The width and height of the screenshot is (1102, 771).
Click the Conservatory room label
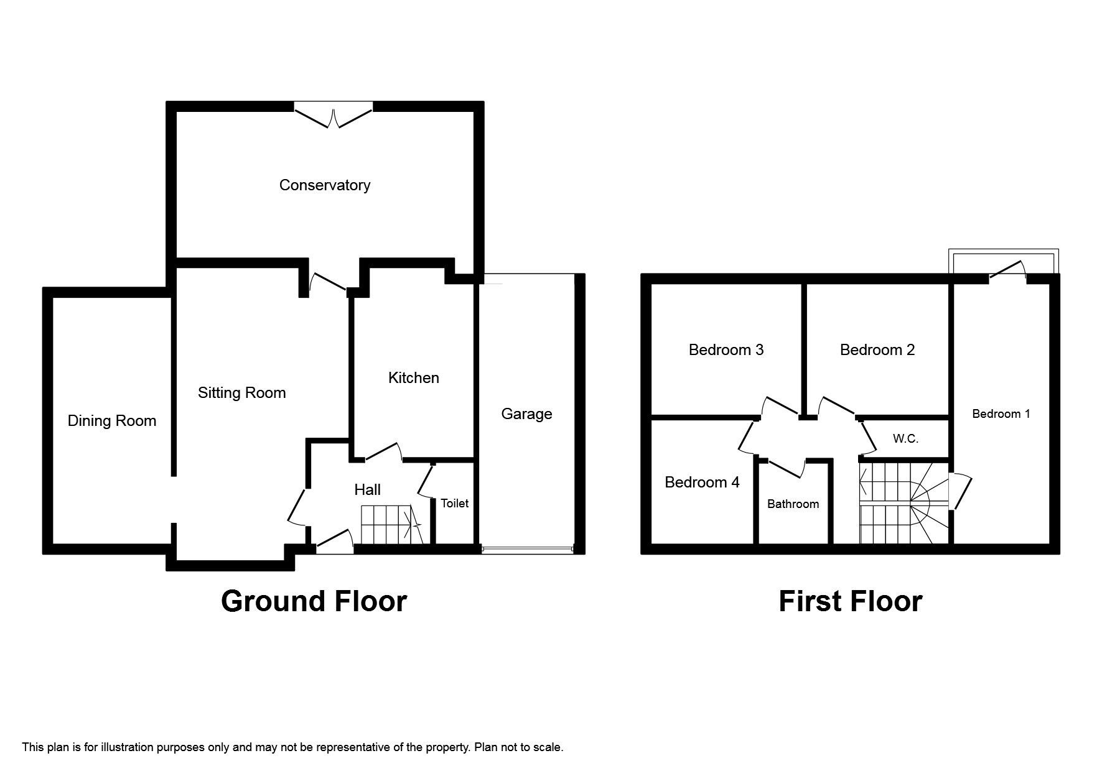[324, 185]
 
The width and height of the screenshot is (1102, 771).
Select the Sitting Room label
[241, 392]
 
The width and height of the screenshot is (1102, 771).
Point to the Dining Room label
[111, 421]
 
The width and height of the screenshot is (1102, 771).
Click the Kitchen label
[413, 377]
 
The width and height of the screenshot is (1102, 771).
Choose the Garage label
[526, 413]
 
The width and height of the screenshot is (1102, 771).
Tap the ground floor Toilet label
[454, 503]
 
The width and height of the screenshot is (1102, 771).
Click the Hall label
[367, 490]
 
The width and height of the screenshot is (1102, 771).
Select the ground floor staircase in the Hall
[389, 524]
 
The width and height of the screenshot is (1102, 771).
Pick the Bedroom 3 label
[726, 349]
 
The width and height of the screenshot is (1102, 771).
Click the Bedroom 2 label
[877, 349]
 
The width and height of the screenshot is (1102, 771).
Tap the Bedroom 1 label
[1001, 413]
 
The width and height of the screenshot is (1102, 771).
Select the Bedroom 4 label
[702, 482]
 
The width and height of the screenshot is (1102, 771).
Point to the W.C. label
[905, 438]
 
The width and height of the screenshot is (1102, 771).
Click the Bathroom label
[793, 504]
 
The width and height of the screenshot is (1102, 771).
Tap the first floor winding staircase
[902, 502]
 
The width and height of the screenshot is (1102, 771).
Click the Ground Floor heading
[314, 601]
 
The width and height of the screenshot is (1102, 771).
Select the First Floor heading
[850, 601]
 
